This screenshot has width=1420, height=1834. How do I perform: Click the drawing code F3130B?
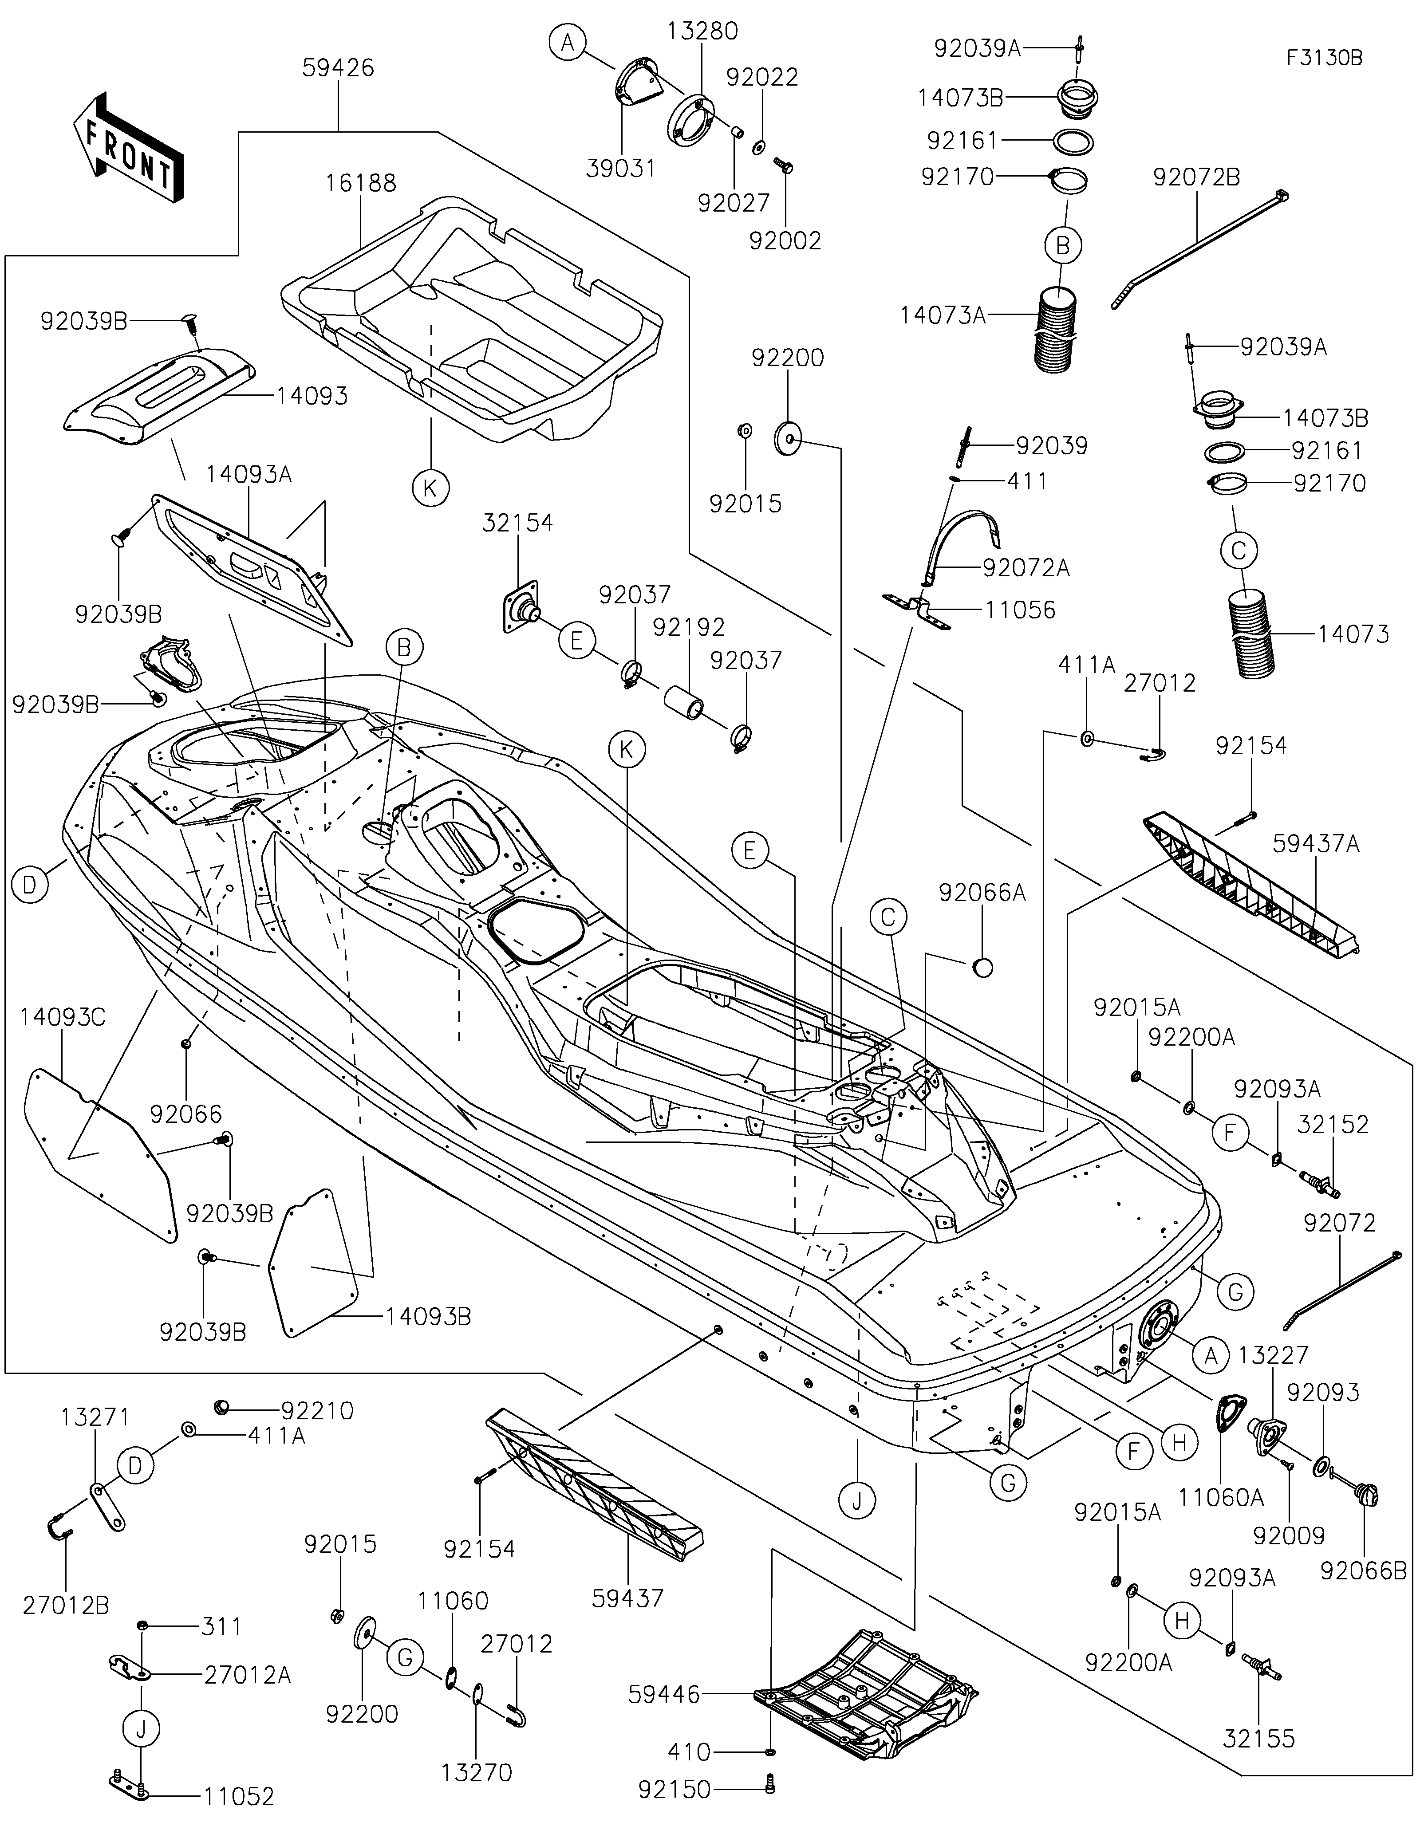pos(1324,58)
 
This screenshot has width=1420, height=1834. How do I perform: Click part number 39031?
pos(621,169)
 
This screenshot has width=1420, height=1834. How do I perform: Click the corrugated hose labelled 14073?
pos(1251,634)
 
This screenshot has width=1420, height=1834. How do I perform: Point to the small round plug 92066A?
pos(982,968)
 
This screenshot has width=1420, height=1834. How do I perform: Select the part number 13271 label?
pos(95,1417)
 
